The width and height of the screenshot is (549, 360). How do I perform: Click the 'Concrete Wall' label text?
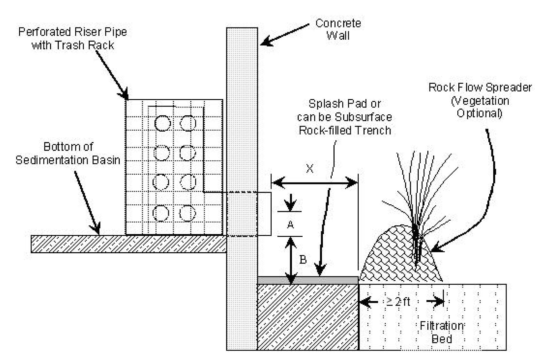tap(338, 29)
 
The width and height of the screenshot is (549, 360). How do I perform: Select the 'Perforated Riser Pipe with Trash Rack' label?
tap(73, 38)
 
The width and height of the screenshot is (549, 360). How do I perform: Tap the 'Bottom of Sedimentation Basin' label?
tap(68, 153)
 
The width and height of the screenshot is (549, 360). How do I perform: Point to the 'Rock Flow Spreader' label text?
tap(480, 87)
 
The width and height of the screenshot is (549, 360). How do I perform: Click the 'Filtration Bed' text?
tap(441, 332)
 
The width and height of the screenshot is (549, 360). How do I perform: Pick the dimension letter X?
tap(310, 169)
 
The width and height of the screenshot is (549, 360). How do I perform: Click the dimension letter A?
tap(290, 224)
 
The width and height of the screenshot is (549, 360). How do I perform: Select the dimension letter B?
tap(303, 259)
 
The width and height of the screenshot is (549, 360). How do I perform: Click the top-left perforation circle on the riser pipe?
tap(163, 123)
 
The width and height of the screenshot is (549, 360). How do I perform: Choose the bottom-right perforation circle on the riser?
tap(188, 213)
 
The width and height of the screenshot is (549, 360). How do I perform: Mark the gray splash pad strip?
tap(308, 280)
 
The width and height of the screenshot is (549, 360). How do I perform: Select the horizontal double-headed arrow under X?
tap(314, 182)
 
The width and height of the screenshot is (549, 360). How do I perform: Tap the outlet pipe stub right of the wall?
tap(264, 214)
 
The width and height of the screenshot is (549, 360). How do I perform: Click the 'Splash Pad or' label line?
tap(345, 104)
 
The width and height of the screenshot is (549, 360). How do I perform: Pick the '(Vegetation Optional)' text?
tap(480, 107)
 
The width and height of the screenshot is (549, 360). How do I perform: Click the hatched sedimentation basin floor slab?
tap(128, 244)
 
